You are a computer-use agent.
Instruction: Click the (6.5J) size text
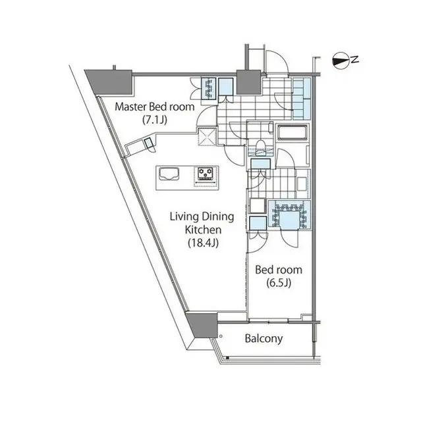pyautogui.click(x=279, y=284)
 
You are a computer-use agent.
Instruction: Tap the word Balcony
pyautogui.click(x=264, y=339)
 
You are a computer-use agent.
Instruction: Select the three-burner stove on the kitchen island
pyautogui.click(x=205, y=174)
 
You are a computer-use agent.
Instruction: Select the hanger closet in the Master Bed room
pyautogui.click(x=209, y=89)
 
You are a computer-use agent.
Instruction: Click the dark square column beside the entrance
pyautogui.click(x=248, y=82)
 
